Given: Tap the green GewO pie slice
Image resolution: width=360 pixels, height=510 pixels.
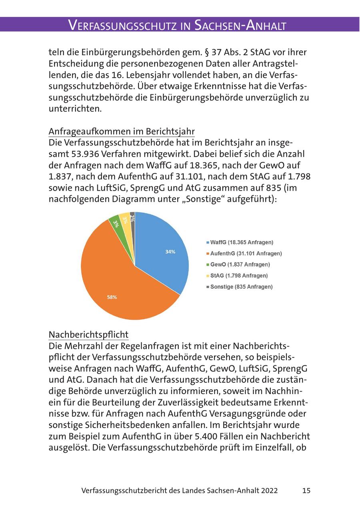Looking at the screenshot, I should pyautogui.click(x=115, y=223).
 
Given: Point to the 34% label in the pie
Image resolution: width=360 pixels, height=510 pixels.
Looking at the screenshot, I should pyautogui.click(x=170, y=252).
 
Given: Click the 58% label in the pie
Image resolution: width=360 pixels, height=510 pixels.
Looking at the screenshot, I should pyautogui.click(x=112, y=297).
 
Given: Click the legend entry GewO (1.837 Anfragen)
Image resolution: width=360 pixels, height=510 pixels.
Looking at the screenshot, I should pyautogui.click(x=240, y=265).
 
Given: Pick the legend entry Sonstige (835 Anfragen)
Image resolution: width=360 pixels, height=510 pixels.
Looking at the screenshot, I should pyautogui.click(x=241, y=287).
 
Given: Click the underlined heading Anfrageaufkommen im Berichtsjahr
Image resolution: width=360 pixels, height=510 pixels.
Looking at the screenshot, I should pyautogui.click(x=122, y=131).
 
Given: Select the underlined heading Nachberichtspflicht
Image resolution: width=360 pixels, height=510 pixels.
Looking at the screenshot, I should pyautogui.click(x=88, y=334).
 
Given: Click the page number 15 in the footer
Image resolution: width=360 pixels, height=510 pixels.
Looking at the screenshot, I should pyautogui.click(x=306, y=490).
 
